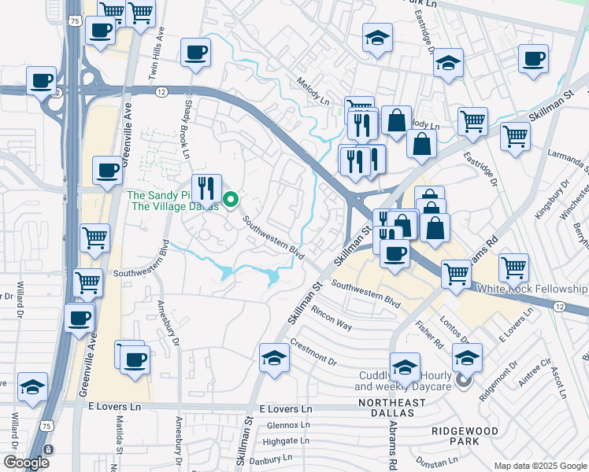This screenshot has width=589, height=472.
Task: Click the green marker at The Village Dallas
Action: click(231, 200)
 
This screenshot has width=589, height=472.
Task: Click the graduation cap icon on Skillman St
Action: click(273, 358)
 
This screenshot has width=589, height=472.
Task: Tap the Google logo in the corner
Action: click(26, 462)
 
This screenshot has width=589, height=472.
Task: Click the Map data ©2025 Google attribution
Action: click(539, 466)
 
